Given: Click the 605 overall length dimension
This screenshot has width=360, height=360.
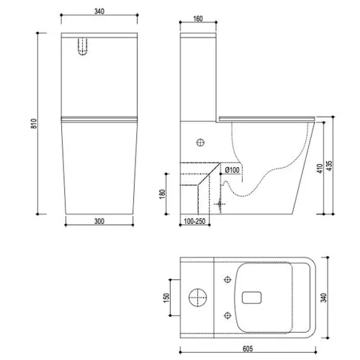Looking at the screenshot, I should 246,346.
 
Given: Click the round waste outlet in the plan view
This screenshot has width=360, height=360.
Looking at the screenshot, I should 198,296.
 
